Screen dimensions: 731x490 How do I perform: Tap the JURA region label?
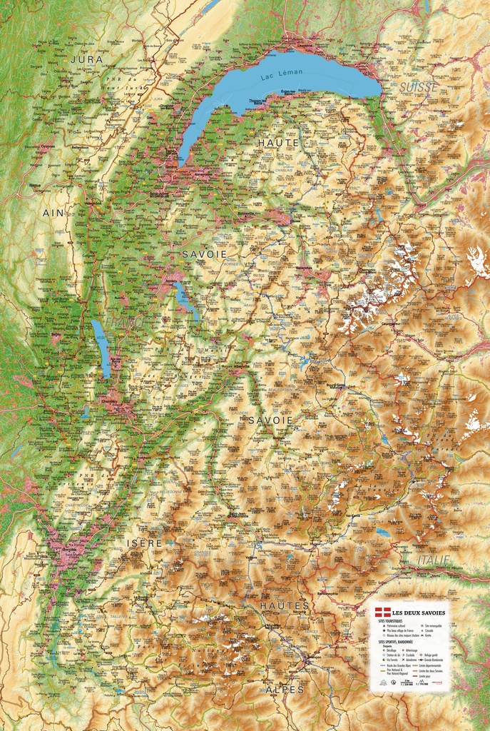(x=87, y=59)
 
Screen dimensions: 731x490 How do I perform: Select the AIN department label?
(x=53, y=213)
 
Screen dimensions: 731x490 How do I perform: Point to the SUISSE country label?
(x=419, y=86)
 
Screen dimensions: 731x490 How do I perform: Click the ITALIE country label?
(x=434, y=559)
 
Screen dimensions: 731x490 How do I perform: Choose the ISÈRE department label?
(x=145, y=543)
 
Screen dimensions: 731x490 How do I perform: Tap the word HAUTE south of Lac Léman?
(x=279, y=143)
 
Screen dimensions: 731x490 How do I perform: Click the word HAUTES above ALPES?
(x=285, y=605)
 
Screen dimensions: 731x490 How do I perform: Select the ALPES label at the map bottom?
(x=285, y=690)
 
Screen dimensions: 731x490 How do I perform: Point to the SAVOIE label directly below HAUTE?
(x=204, y=254)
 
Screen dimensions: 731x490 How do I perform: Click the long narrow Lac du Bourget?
(x=101, y=348)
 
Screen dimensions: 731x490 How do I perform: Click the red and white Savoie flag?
(x=382, y=613)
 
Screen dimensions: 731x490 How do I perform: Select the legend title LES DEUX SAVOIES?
(x=419, y=613)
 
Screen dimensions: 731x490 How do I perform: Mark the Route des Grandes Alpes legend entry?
(x=398, y=665)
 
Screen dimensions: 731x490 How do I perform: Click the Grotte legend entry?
(x=428, y=635)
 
